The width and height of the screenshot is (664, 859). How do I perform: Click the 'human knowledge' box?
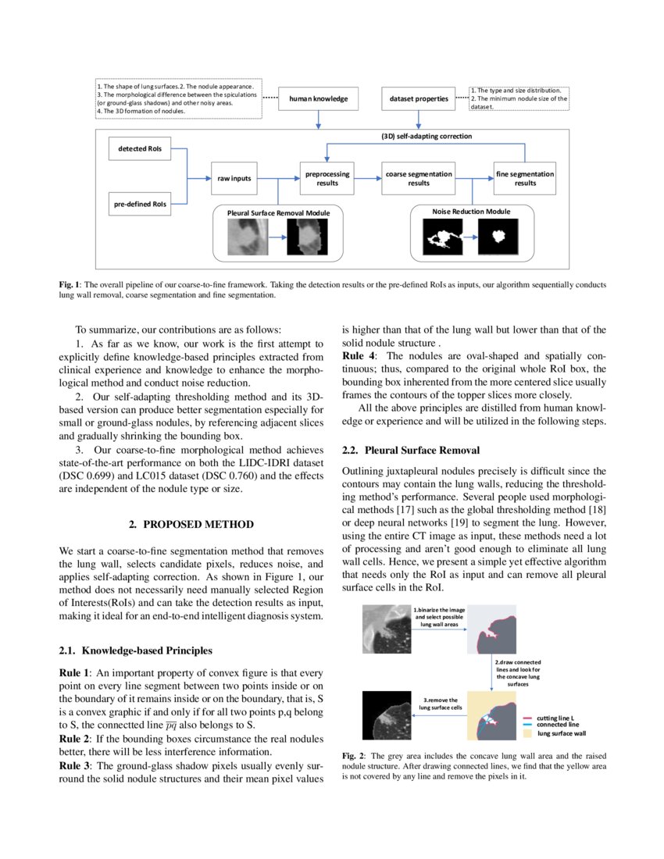(x=318, y=99)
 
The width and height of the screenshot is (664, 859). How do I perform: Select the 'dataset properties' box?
(x=419, y=99)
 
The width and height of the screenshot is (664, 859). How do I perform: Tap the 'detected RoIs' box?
(x=140, y=148)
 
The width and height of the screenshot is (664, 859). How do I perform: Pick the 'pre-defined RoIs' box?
(x=140, y=205)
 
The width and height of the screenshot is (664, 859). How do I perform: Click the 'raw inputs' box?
(x=234, y=178)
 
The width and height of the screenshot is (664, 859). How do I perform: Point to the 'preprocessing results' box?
(x=327, y=178)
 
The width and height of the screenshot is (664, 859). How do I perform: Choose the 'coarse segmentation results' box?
(x=418, y=178)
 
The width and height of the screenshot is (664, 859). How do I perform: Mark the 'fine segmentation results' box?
(x=525, y=178)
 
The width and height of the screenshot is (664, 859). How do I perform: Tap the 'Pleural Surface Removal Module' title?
(x=278, y=212)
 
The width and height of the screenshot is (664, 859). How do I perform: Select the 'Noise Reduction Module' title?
(x=471, y=211)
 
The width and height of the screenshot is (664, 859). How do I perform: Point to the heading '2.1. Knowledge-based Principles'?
(x=134, y=650)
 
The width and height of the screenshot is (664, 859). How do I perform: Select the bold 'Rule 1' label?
(x=75, y=672)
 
